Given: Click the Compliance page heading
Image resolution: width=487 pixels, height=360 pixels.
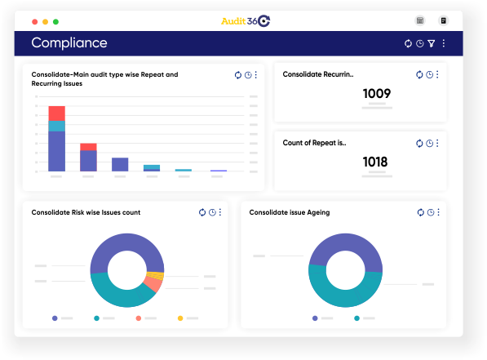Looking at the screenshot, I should click(x=69, y=43).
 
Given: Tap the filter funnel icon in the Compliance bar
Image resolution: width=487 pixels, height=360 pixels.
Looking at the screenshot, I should click(x=431, y=43).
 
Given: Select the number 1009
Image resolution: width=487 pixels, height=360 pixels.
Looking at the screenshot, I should click(x=376, y=94).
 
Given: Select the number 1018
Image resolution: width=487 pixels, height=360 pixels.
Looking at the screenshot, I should click(x=376, y=162).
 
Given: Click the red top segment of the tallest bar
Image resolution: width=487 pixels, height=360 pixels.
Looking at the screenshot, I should click(x=56, y=113).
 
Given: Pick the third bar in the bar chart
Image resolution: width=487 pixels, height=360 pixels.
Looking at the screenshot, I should click(x=120, y=164).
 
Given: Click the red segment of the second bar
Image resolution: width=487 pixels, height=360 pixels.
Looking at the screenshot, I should click(x=88, y=147).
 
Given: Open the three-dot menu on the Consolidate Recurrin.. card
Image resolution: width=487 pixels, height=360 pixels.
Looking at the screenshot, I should click(x=437, y=74).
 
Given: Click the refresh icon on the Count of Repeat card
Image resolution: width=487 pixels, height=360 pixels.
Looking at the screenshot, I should click(x=419, y=143).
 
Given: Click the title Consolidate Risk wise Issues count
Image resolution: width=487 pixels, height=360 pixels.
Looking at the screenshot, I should click(x=86, y=212).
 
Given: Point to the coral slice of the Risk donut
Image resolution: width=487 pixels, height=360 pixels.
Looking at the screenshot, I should click(x=152, y=284).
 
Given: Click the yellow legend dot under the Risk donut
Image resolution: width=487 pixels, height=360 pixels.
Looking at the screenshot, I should click(x=180, y=318).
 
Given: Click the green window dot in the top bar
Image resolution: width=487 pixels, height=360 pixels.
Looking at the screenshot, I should click(x=55, y=20).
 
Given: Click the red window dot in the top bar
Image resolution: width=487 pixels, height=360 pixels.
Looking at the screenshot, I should click(x=33, y=20).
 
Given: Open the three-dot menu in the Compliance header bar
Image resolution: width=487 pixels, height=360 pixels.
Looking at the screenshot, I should click(x=444, y=43).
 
